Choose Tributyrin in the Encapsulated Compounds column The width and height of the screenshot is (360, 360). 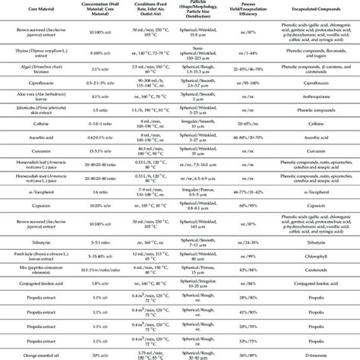(312, 242)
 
